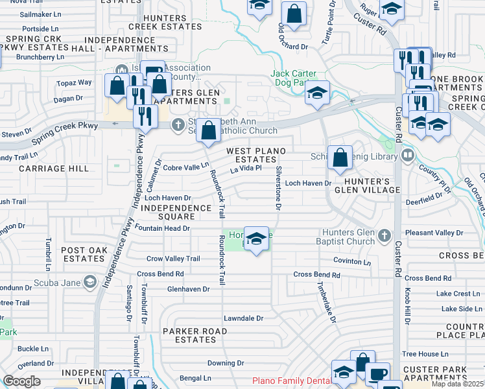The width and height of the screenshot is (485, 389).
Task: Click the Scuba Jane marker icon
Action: point(89,281)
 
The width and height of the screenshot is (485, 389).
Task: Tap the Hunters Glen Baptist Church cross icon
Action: point(384,235)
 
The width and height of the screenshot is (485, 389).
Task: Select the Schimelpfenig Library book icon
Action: point(407,155)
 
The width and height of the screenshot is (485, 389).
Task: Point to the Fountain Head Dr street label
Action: point(163,228)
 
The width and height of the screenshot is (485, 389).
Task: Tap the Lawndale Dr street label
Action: point(244,318)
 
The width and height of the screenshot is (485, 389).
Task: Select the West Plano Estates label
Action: point(255,155)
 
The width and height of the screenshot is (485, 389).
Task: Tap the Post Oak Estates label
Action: point(83,254)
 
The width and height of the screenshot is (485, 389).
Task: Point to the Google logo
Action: point(21,381)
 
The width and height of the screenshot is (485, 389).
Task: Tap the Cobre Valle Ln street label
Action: point(185,167)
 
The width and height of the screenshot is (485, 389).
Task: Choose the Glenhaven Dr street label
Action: point(189,289)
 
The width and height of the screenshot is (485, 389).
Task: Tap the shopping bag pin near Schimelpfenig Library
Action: point(340,157)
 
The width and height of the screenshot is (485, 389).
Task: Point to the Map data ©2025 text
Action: point(457,384)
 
